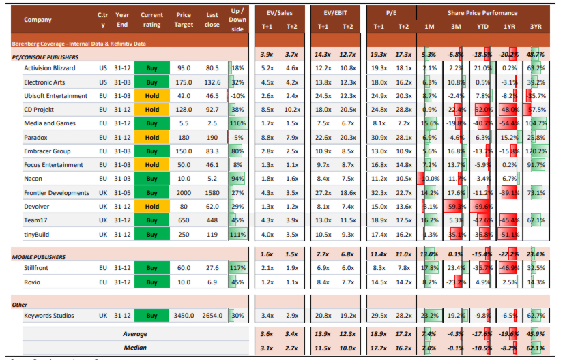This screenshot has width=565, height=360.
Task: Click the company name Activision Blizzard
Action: pyautogui.click(x=50, y=68)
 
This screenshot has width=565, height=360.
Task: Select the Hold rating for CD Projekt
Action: pyautogui.click(x=151, y=110)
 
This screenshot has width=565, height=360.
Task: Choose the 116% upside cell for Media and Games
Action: pyautogui.click(x=237, y=123)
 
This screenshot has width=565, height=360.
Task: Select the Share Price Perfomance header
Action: pyautogui.click(x=482, y=13)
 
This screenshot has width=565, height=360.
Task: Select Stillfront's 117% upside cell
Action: pyautogui.click(x=237, y=268)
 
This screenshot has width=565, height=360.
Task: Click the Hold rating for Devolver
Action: pyautogui.click(x=151, y=206)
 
